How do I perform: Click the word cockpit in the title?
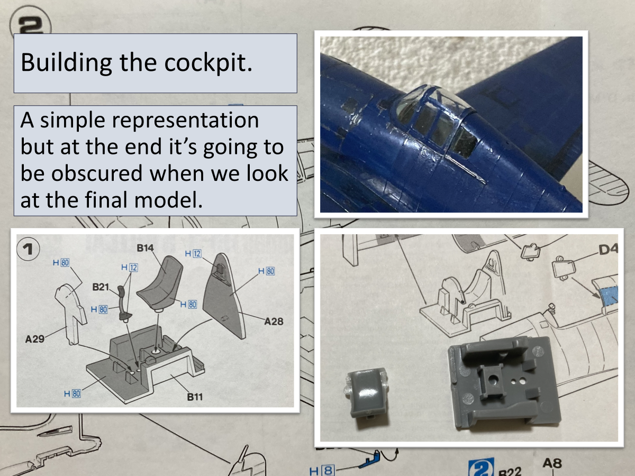[208, 62]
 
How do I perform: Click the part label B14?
[145, 248]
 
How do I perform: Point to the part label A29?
[35, 338]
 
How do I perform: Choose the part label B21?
[101, 287]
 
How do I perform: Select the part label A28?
[274, 322]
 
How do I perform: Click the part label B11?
[195, 397]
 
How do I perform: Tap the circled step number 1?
[28, 249]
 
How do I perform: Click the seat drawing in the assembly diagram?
[160, 284]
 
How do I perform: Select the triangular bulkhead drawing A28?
[224, 296]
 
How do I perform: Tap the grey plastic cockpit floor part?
[503, 383]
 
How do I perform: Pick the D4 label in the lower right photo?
[607, 250]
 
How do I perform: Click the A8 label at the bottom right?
[552, 463]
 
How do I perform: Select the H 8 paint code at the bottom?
[322, 471]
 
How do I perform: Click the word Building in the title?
[66, 63]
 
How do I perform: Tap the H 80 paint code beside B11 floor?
[72, 393]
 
